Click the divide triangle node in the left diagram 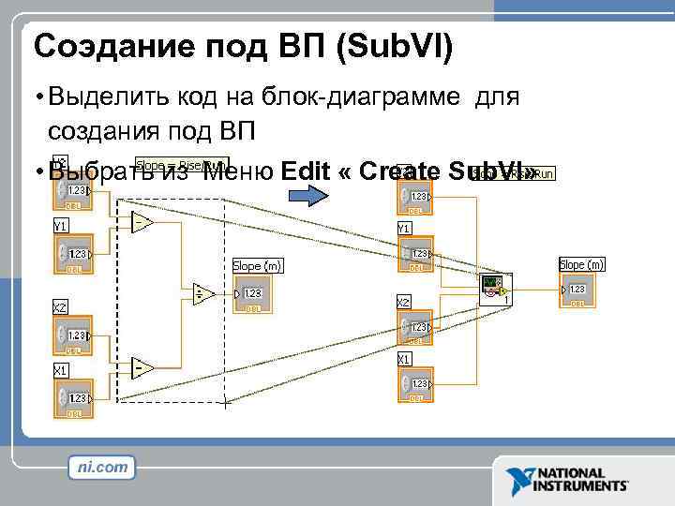coord(202,294)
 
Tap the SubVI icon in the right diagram coord(493,288)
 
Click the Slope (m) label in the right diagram coord(581,265)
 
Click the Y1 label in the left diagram coord(60,226)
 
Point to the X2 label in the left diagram coord(59,306)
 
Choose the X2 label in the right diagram coord(404,302)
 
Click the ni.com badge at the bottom coord(102,467)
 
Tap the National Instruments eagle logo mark coord(518,480)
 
